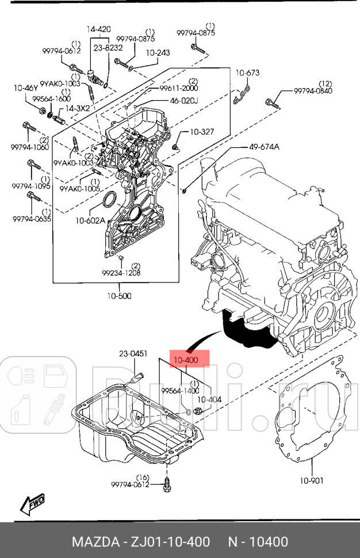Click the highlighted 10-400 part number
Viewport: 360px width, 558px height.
[186, 360]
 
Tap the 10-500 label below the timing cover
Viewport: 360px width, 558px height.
[119, 296]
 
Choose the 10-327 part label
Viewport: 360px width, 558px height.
[201, 132]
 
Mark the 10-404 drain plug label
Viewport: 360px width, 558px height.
[209, 399]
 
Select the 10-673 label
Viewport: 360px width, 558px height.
[247, 72]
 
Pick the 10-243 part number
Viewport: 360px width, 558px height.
[158, 52]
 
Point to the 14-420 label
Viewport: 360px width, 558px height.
[99, 29]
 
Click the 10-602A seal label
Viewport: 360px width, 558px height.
[90, 220]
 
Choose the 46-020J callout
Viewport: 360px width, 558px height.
[183, 101]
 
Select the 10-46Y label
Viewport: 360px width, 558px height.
[26, 87]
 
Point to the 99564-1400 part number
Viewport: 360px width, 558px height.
[179, 391]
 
